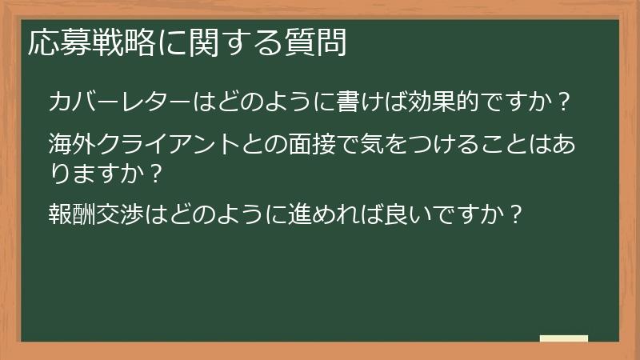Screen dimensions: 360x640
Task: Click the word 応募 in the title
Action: point(54,43)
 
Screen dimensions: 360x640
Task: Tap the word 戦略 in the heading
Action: point(106,43)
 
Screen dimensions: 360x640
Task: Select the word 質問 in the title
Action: point(320,43)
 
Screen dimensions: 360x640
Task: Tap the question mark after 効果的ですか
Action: point(563,102)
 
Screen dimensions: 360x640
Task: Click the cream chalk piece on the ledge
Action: point(563,338)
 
